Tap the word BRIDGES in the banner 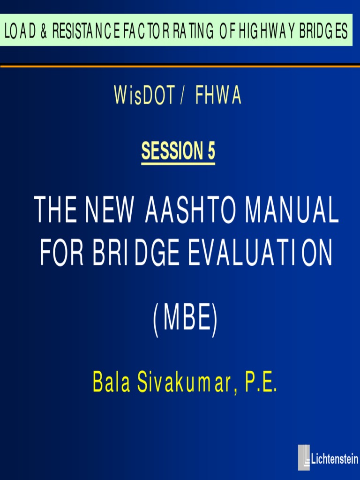tap(324, 31)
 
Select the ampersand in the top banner tap(43, 31)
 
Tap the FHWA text tap(218, 96)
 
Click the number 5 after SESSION tap(210, 151)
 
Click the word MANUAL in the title tap(292, 211)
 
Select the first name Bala tap(111, 383)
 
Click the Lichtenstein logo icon tap(304, 457)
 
